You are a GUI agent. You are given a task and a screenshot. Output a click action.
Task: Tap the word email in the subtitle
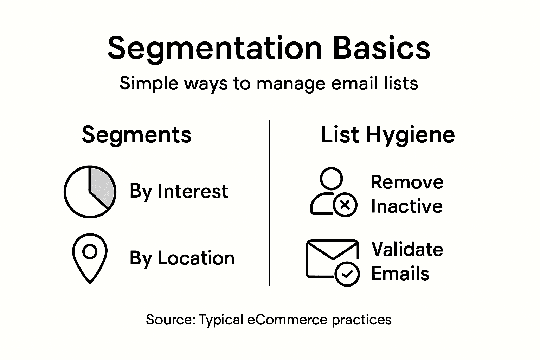point(353,83)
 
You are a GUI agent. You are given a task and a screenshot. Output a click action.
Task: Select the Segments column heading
point(136,135)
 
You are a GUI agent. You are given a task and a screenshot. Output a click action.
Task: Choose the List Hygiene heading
point(387,135)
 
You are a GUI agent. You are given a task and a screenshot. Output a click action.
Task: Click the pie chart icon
point(90,192)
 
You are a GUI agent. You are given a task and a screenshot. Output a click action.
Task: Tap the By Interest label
point(179,192)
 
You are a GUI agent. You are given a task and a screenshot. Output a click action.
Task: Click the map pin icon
point(90,258)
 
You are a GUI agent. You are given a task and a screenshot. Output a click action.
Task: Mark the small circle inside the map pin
point(90,252)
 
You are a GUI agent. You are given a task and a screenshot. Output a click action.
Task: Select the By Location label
point(182,258)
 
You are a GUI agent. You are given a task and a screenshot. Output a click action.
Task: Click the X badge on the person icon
point(345,205)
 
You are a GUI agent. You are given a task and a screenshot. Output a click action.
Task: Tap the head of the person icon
point(331,178)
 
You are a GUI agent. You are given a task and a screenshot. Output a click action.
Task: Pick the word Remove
point(407,182)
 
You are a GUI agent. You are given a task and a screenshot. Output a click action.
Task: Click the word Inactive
point(406,206)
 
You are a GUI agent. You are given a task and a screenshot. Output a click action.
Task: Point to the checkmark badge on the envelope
point(347,274)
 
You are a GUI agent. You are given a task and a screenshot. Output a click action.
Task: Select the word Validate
point(407,249)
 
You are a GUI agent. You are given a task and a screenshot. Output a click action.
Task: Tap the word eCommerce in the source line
point(288,320)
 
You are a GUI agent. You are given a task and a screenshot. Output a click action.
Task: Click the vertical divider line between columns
point(269,203)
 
